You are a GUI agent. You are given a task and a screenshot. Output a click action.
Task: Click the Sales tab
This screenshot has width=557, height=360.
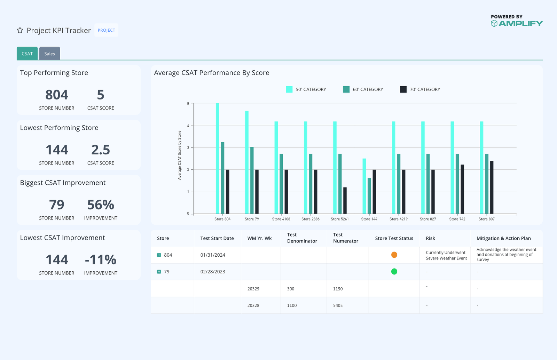click(49, 54)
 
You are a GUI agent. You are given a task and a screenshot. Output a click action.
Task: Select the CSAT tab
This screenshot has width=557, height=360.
click(27, 54)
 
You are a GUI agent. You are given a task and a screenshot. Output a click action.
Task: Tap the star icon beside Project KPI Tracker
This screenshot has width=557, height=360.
click(20, 30)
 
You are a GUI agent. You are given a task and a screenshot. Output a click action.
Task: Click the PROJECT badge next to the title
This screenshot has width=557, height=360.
click(106, 30)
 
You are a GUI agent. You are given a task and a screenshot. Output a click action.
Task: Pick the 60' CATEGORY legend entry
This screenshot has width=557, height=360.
click(363, 89)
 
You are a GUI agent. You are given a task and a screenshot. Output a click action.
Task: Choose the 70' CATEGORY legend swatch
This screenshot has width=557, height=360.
click(403, 89)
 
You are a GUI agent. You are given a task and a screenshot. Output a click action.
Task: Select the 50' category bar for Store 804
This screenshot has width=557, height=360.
click(218, 158)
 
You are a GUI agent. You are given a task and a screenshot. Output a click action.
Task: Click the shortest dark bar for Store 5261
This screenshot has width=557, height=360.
click(345, 200)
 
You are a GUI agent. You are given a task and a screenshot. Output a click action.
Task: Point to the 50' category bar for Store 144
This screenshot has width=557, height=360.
click(364, 186)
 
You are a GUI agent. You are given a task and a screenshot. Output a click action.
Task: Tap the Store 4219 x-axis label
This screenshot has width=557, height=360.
click(398, 219)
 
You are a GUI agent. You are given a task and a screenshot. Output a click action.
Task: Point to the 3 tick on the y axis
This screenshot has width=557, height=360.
click(188, 147)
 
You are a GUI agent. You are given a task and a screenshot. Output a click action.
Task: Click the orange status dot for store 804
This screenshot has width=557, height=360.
click(394, 255)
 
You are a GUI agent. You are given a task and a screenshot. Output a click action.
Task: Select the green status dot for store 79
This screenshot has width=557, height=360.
click(394, 272)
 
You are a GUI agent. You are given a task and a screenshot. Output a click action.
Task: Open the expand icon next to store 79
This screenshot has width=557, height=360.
click(159, 272)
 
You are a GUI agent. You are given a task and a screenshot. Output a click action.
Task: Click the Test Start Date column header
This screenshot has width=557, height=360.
click(217, 238)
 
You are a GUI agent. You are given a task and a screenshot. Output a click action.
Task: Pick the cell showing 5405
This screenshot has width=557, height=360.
click(338, 305)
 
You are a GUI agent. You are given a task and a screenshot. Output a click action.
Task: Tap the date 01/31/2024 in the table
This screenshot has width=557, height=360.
click(213, 255)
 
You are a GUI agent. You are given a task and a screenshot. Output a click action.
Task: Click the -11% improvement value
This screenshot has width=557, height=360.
click(101, 260)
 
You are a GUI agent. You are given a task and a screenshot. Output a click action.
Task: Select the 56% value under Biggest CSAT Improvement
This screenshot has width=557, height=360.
click(101, 205)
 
